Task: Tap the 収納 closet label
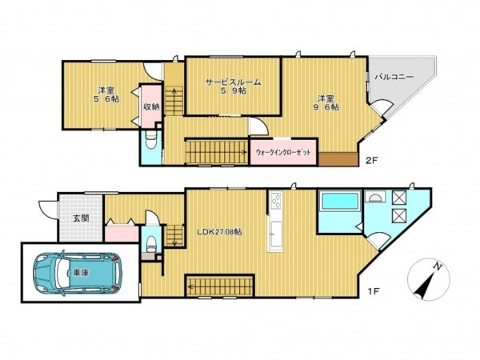click(x=150, y=107)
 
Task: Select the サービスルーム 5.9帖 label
click(x=231, y=86)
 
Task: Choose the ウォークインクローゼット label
click(x=282, y=152)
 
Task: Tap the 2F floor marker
click(x=371, y=160)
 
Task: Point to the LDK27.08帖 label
click(x=220, y=231)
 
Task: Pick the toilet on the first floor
click(x=150, y=245)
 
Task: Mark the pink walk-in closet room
click(x=282, y=152)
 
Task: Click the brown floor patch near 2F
click(x=345, y=158)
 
